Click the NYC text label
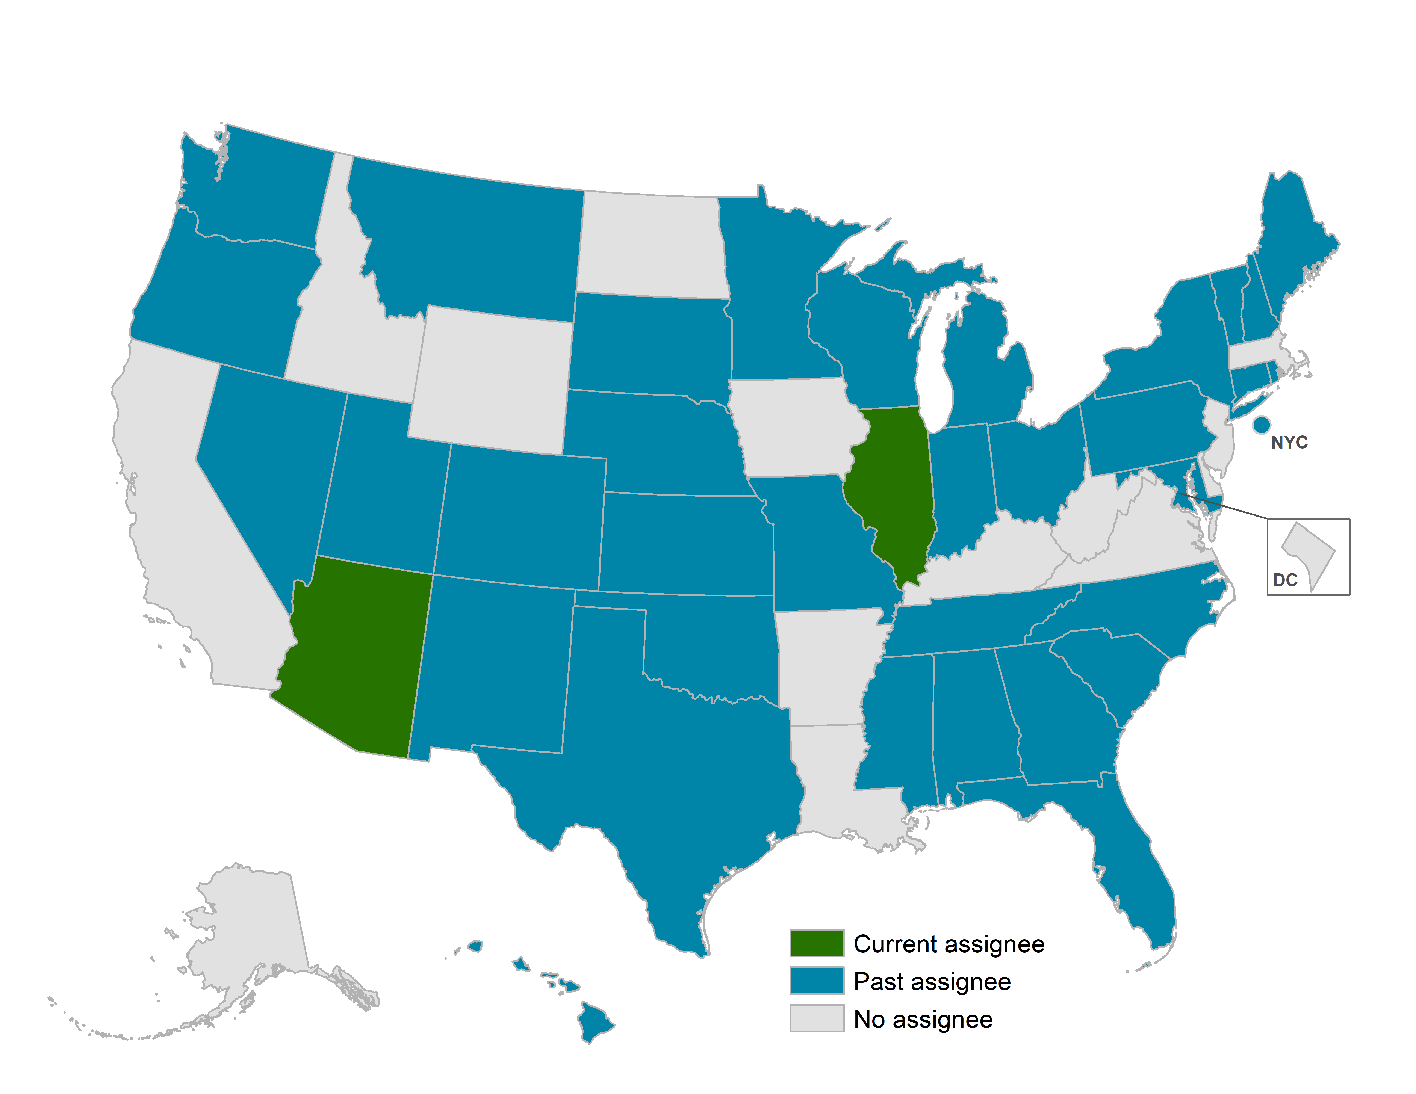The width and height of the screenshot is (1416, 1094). click(x=1289, y=443)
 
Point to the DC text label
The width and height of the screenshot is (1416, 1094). click(x=1285, y=580)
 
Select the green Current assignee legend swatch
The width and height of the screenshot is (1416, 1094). click(x=816, y=943)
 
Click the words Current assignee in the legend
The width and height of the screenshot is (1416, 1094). click(x=949, y=944)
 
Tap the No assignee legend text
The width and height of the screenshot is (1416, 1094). click(x=923, y=1020)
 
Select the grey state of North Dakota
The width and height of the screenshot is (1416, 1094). click(x=652, y=246)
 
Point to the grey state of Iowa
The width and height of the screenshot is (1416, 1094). click(x=794, y=428)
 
